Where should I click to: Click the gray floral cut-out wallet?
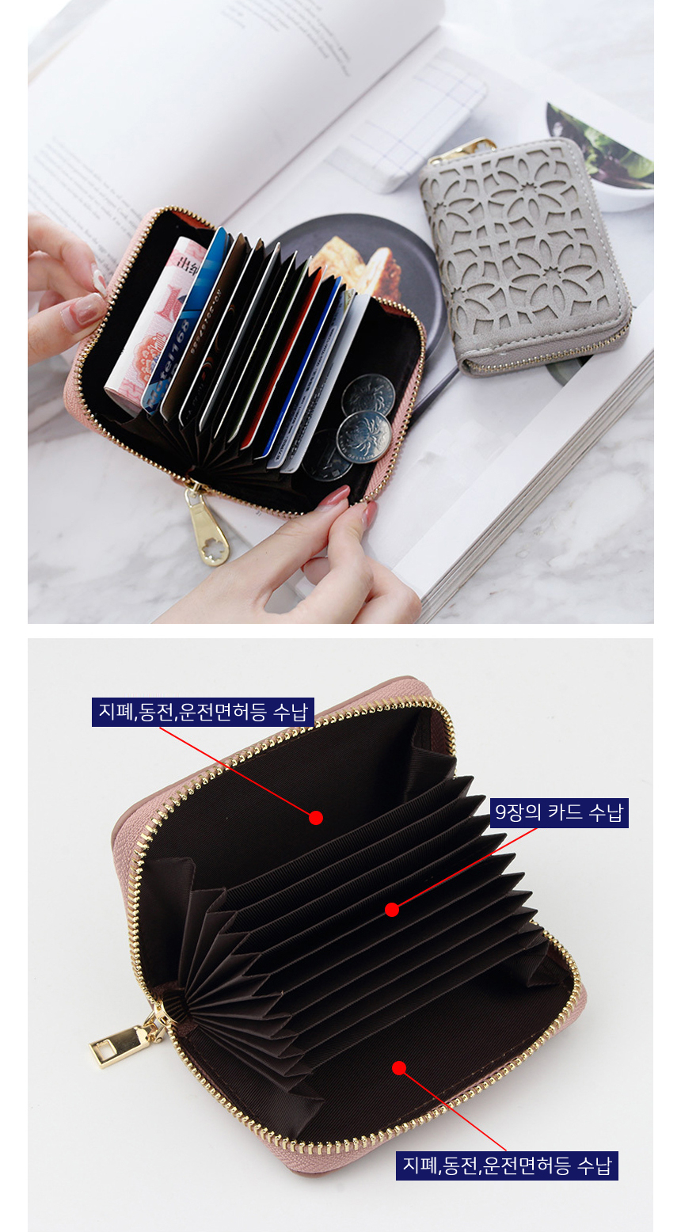[x=525, y=257]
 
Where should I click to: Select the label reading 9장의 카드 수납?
[x=559, y=812]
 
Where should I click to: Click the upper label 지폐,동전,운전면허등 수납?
[x=203, y=712]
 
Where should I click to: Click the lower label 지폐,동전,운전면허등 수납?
[x=507, y=1165]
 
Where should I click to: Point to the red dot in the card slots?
[x=392, y=910]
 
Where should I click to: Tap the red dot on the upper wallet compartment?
[x=316, y=818]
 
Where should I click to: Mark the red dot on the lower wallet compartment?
[x=399, y=1068]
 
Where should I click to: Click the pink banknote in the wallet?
[x=154, y=319]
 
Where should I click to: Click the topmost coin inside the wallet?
[x=368, y=394]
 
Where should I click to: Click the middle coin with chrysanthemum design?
[x=363, y=438]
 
